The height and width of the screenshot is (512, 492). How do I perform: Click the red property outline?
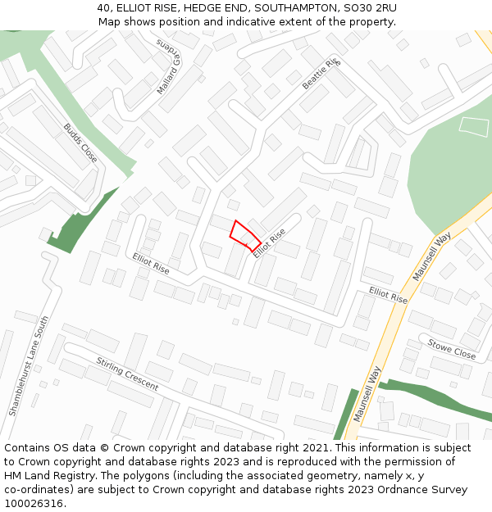point(244,234)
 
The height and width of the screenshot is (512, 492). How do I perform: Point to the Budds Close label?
point(80,143)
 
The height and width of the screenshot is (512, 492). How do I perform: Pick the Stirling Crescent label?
point(127,374)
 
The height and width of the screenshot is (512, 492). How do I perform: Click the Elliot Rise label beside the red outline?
point(269,243)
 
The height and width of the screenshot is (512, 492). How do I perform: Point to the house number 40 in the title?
point(104,8)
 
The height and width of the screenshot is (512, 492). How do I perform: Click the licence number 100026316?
point(33,503)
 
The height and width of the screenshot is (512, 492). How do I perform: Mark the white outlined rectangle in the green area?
point(473,125)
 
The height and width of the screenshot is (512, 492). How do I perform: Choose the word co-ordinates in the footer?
point(39,490)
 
